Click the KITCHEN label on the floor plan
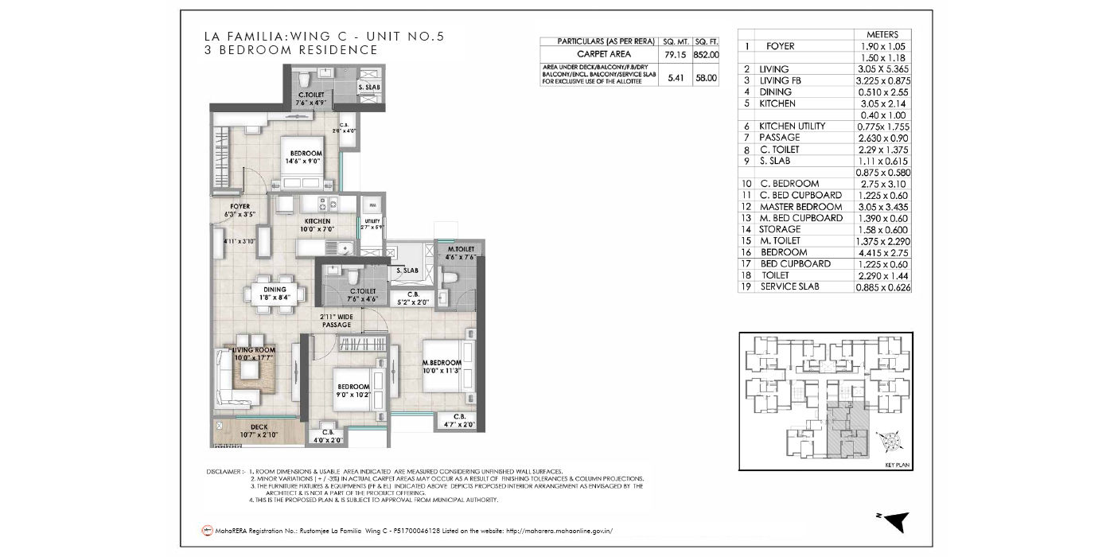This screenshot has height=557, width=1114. [x=317, y=221]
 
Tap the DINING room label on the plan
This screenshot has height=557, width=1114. [x=275, y=290]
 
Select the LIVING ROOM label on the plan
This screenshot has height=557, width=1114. [x=254, y=349]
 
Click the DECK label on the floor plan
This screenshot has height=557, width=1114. [x=259, y=427]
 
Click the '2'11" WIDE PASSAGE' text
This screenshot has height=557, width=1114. [x=336, y=321]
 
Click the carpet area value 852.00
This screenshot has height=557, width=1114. [x=707, y=55]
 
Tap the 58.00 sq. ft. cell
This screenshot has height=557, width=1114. [x=707, y=78]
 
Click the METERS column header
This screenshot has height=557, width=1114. [x=882, y=34]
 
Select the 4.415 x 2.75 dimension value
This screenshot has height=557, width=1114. [x=882, y=252]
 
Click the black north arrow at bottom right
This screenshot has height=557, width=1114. [x=897, y=520]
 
